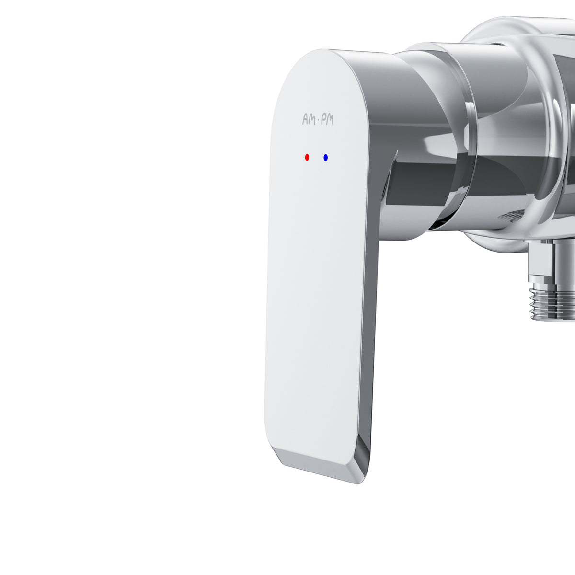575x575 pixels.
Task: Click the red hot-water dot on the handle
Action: coord(307,157)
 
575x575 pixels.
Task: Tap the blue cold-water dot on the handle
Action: coord(325,157)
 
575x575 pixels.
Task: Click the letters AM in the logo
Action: coord(309,119)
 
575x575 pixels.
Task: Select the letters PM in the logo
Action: coord(328,120)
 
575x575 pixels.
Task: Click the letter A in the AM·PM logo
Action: coord(306,119)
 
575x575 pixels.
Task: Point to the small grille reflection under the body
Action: coord(511,216)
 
